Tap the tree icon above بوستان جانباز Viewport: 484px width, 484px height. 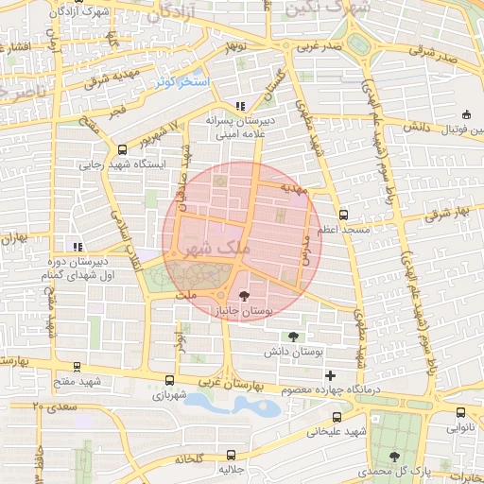(245, 295)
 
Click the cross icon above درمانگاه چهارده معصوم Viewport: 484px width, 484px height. (329, 375)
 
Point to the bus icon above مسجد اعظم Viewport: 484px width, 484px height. (343, 215)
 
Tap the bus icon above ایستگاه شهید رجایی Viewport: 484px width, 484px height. (122, 148)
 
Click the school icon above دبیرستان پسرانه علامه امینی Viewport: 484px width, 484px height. (240, 106)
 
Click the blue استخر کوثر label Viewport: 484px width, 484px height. (186, 83)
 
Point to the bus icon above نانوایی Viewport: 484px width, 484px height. (460, 412)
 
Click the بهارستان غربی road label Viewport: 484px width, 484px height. (229, 386)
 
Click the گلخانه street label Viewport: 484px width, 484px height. (191, 459)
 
